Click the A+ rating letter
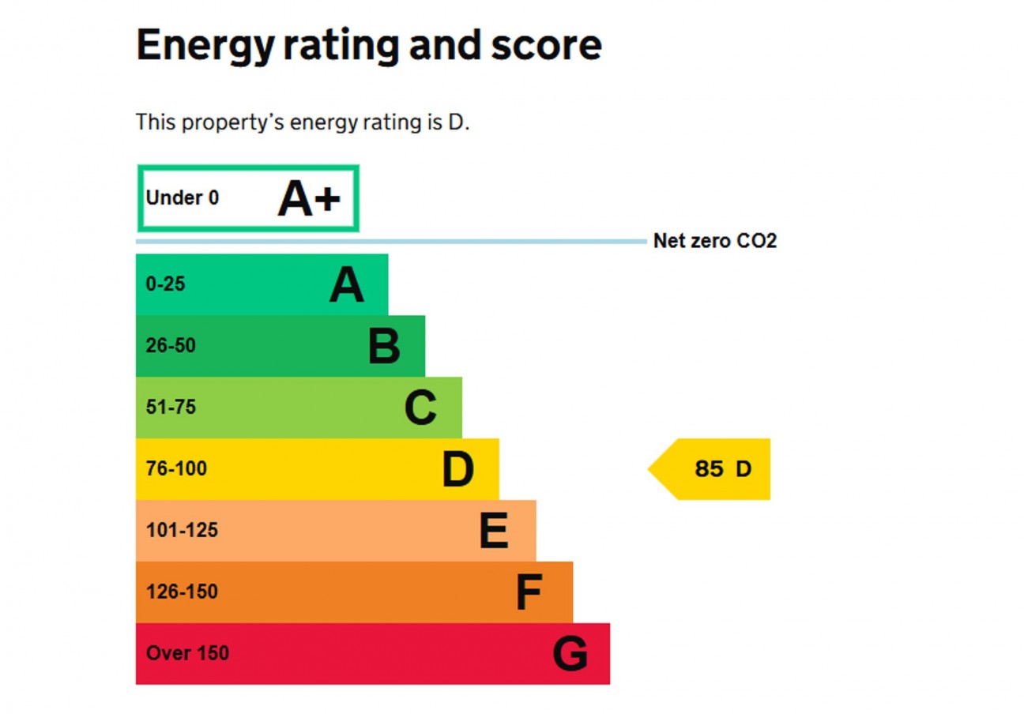tap(309, 198)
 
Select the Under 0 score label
tap(183, 198)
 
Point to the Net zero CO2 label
tap(715, 241)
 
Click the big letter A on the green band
tap(347, 285)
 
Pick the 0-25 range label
tap(166, 284)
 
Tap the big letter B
tap(384, 347)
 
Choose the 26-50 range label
tap(171, 346)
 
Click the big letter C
tap(420, 408)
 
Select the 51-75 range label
tap(171, 408)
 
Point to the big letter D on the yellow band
tap(457, 470)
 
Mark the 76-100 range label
tap(176, 469)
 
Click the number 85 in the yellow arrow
tap(709, 469)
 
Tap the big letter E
tap(494, 532)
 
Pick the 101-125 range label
tap(182, 531)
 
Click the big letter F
tap(529, 593)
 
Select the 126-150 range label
tap(182, 592)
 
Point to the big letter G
tap(570, 655)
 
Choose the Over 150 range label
tap(187, 654)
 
